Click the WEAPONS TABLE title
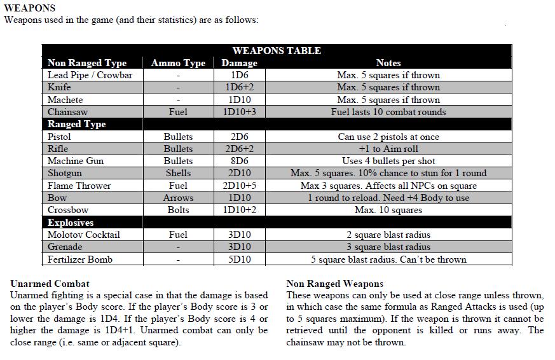coord(277,51)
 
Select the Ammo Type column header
coord(178,63)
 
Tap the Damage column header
coord(239,63)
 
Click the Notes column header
coord(388,63)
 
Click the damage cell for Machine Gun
coord(239,161)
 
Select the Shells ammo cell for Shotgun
coord(178,173)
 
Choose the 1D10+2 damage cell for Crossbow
coord(239,210)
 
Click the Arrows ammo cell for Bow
coord(178,198)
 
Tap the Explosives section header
coord(71,223)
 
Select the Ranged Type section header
coord(76,124)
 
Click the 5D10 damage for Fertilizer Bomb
coord(239,260)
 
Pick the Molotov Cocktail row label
coord(83,235)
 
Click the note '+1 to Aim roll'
coord(388,149)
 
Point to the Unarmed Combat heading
coord(50,284)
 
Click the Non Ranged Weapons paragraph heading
coord(335,284)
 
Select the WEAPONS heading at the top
coord(30,8)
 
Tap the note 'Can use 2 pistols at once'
coord(388,137)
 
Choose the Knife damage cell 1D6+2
coord(239,88)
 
